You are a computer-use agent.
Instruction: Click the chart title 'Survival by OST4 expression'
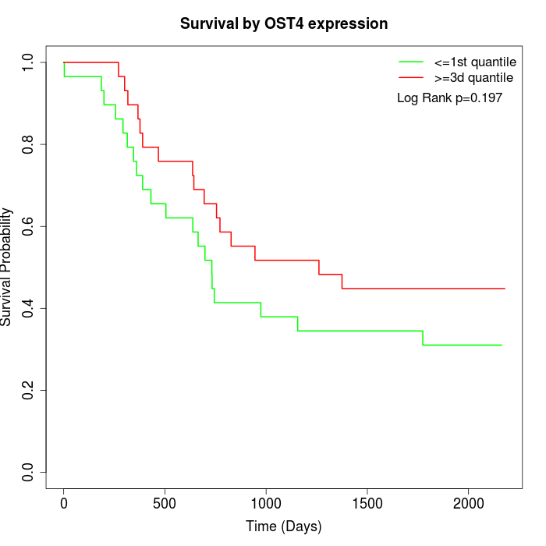[x=284, y=24]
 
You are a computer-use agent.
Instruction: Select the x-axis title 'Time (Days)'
[x=284, y=526]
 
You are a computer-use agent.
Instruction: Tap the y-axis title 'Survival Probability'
[x=7, y=267]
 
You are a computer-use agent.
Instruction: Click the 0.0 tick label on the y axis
[x=29, y=472]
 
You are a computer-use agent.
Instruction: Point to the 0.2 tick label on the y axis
[x=29, y=390]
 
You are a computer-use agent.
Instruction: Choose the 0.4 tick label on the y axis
[x=29, y=308]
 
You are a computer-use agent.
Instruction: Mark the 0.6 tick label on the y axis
[x=29, y=226]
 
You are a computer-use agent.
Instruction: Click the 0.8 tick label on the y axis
[x=29, y=144]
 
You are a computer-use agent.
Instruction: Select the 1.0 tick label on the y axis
[x=29, y=62]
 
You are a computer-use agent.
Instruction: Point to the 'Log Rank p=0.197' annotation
[x=449, y=98]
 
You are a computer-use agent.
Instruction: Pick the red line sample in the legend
[x=410, y=77]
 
